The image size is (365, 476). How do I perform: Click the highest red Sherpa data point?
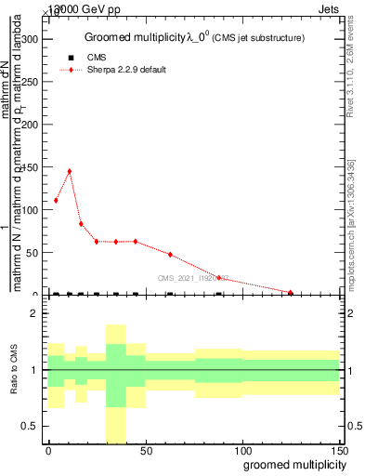pos(69,171)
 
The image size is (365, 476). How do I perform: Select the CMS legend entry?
pos(97,58)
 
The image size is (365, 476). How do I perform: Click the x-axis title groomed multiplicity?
pos(291,465)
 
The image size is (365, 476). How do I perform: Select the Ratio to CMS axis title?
pos(14,370)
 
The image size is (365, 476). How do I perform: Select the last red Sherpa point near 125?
pos(291,293)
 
